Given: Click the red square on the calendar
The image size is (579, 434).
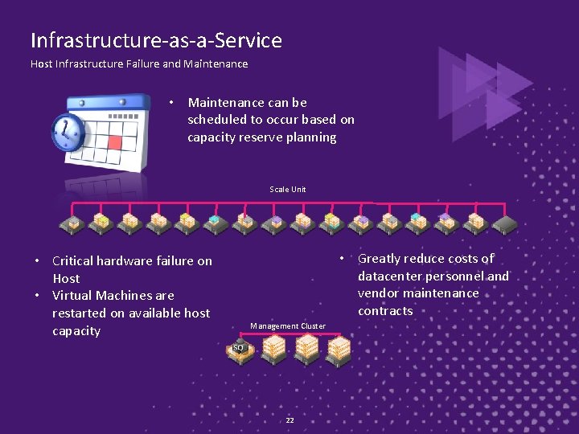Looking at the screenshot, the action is (x=114, y=143).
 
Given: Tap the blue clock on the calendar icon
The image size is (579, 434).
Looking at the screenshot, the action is (x=68, y=132).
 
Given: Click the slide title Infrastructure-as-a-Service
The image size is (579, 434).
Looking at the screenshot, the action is (x=156, y=40).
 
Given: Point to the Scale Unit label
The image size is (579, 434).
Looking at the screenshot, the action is (x=288, y=190).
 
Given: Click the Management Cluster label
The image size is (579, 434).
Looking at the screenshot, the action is (x=288, y=326).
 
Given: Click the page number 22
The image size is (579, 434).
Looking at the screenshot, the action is (x=289, y=420).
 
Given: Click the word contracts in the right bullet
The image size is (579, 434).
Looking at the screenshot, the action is (x=385, y=311).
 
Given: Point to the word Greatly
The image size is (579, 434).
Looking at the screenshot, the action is (x=383, y=259).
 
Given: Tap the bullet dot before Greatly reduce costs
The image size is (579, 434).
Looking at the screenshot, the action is (x=342, y=258).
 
